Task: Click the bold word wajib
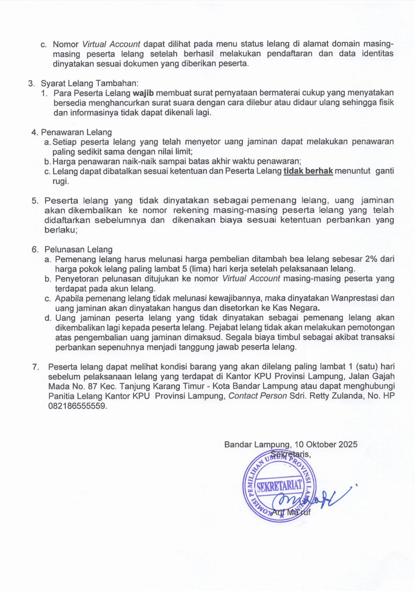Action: coord(142,93)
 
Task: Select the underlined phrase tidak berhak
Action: coord(308,171)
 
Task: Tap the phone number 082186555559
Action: coord(77,406)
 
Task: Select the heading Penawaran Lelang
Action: coord(76,132)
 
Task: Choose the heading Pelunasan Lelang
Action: coord(78,250)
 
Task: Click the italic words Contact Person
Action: coord(258,396)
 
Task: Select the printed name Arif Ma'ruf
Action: coord(291,512)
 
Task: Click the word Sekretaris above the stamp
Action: coord(291,454)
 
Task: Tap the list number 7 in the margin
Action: coord(36,367)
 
